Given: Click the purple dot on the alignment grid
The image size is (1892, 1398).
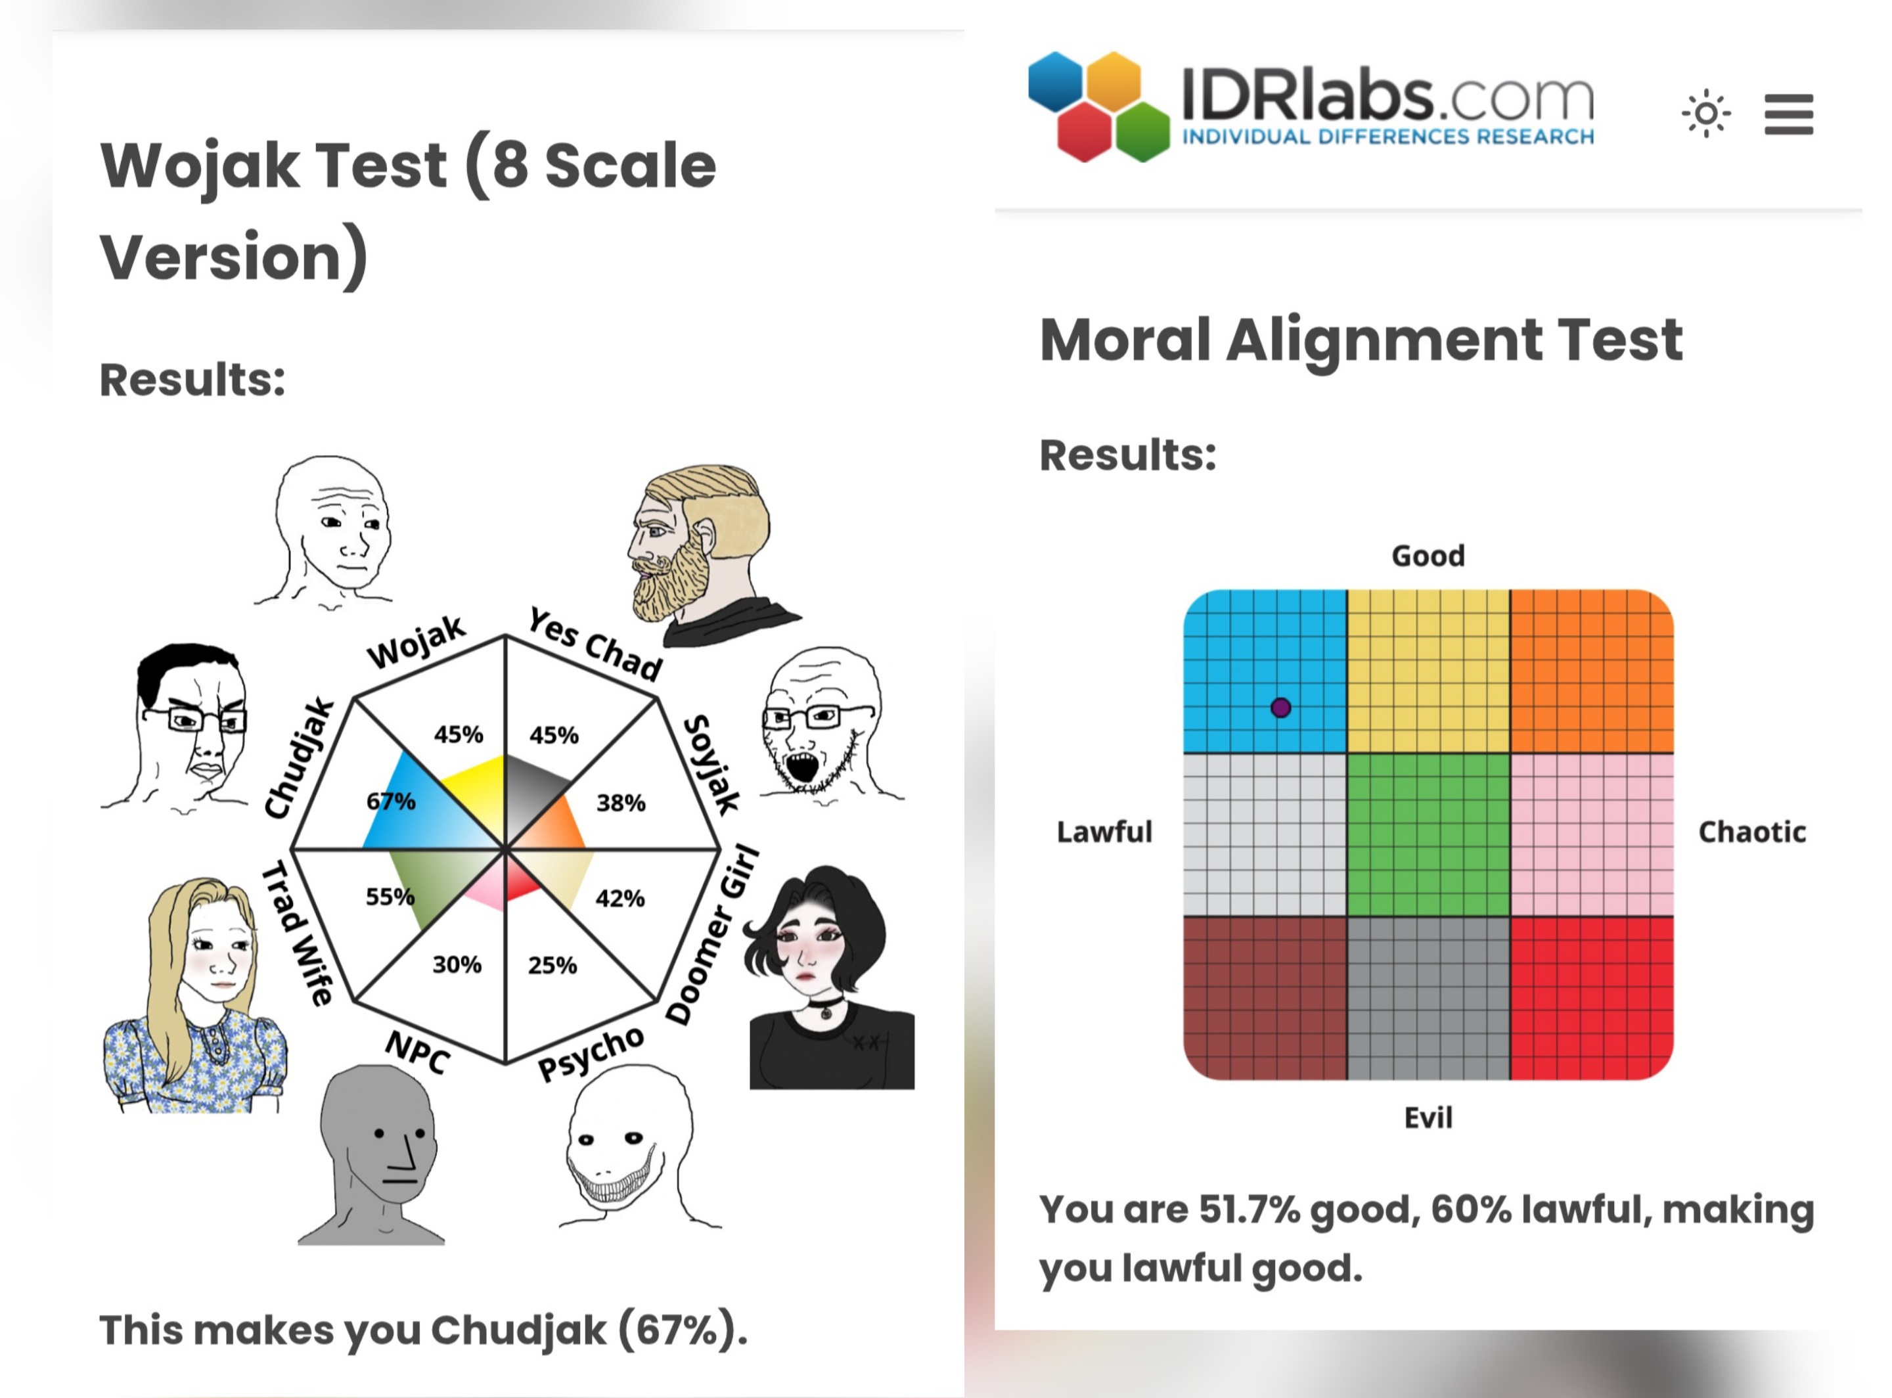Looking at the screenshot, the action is pos(1280,707).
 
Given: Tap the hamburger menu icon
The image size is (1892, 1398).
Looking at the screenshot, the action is pos(1788,114).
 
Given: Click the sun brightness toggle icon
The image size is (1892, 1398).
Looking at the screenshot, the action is pos(1706,112).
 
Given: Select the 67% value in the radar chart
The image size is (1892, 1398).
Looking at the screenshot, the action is pos(390,801).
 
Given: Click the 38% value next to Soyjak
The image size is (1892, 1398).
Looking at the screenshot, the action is pos(620,802).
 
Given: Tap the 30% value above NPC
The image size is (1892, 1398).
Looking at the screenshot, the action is pos(457,964).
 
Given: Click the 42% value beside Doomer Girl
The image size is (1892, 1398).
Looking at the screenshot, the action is pos(620,898).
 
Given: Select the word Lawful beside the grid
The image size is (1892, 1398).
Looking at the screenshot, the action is pos(1104,831).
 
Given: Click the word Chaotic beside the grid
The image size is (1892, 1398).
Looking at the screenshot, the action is pos(1752,832).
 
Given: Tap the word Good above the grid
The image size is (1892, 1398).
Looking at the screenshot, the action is pos(1428,556).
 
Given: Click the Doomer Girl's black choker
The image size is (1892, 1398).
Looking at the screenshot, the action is pos(824,1006).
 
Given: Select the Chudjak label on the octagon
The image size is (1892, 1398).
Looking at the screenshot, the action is pos(300,758).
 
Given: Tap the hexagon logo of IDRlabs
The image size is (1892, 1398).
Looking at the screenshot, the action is pos(1098,106).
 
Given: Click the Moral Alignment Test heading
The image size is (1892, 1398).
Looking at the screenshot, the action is pos(1361,340).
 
